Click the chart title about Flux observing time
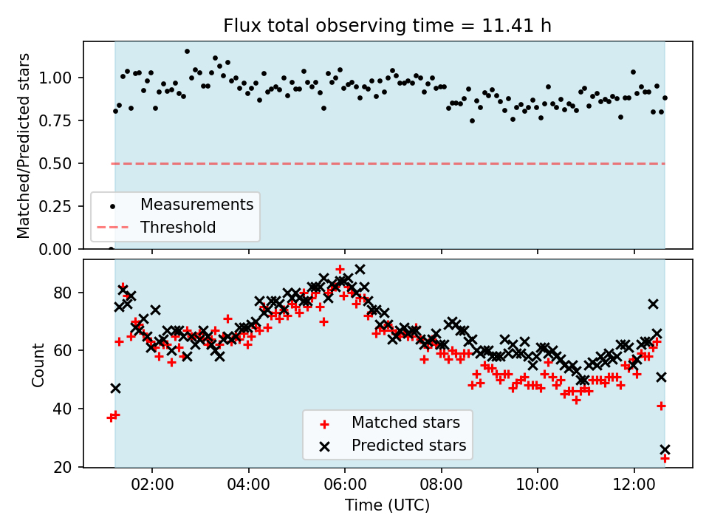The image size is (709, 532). coord(388,27)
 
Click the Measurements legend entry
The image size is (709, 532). coord(196,204)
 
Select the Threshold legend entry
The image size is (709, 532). coord(178,228)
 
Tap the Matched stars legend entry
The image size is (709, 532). coord(405,423)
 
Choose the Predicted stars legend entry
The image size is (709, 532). coord(408,446)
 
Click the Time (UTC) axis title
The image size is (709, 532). coord(388,506)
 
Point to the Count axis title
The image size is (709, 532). coord(38,364)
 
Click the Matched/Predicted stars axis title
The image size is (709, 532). coord(24,146)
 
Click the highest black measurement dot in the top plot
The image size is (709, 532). coord(187,52)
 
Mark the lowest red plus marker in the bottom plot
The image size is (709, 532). coord(665,458)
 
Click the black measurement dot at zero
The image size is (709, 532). coord(111,249)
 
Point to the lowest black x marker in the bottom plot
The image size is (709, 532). coord(665,449)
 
